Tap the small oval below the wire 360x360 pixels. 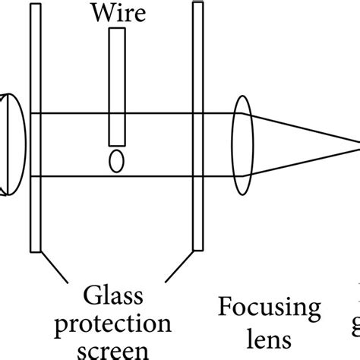click(x=115, y=162)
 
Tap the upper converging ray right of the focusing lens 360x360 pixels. click(x=304, y=128)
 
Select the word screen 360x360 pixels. click(x=115, y=352)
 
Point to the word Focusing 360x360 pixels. click(x=270, y=309)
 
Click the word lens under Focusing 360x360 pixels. click(x=270, y=335)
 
